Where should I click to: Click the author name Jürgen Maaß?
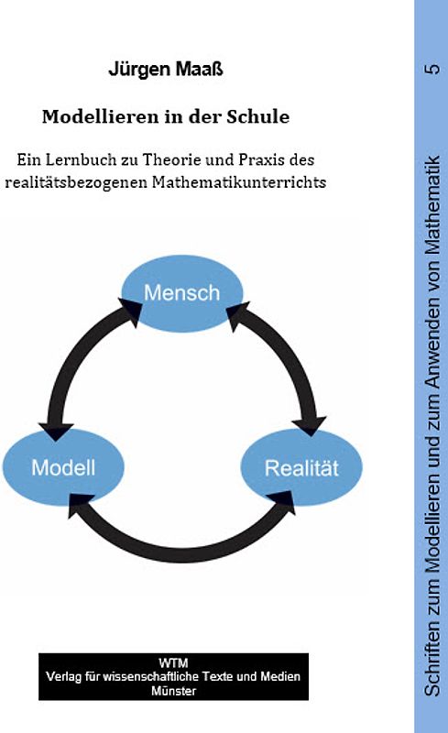pyautogui.click(x=165, y=70)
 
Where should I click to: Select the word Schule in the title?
pyautogui.click(x=257, y=117)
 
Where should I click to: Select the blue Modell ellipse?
pyautogui.click(x=63, y=467)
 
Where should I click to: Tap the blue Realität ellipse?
pyautogui.click(x=301, y=468)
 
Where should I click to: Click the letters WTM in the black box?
pyautogui.click(x=173, y=662)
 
